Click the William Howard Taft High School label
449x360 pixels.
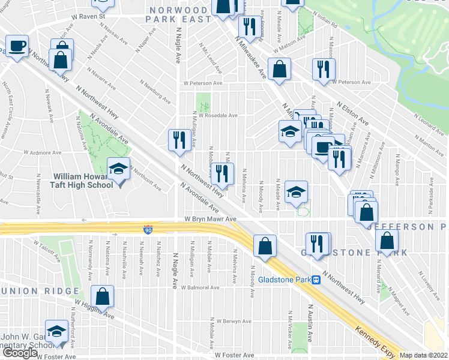tap(83, 181)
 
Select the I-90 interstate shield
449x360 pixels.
tap(148, 230)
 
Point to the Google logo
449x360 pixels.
tap(20, 352)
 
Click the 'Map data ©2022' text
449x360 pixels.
tap(424, 355)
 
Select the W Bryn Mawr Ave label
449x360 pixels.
tap(210, 220)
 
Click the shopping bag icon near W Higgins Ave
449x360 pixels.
tap(103, 296)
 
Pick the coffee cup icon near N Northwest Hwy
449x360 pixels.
tap(17, 46)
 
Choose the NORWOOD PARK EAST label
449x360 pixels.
tap(179, 14)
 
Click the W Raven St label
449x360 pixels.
tap(92, 17)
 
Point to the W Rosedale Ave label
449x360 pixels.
tap(218, 115)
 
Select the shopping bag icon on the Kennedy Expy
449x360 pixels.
tap(265, 245)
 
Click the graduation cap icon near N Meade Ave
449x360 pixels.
tap(296, 192)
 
